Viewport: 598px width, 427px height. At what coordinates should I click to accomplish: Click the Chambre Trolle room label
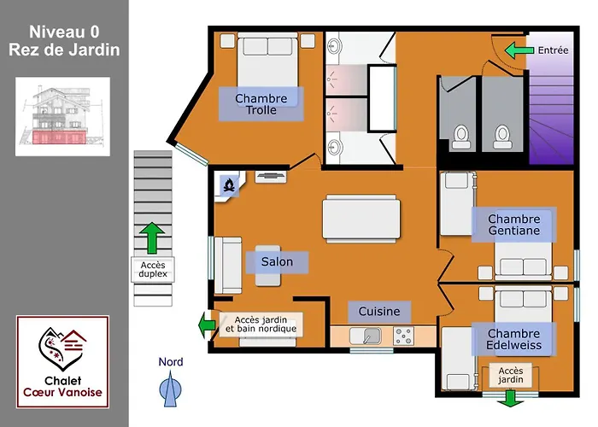tap(261, 104)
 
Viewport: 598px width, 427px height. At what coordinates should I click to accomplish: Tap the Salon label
tap(277, 262)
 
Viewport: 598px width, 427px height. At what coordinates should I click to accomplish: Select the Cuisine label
tap(379, 312)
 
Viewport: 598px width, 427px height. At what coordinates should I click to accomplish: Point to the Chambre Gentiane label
tap(514, 225)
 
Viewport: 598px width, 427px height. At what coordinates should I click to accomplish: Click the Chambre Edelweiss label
tap(514, 339)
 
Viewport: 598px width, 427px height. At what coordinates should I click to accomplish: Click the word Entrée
tap(553, 50)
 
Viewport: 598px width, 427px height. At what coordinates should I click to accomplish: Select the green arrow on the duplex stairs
tap(152, 238)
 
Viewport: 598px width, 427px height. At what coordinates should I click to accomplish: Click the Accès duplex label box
tap(153, 270)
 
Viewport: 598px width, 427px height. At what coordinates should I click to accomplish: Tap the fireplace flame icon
tap(229, 185)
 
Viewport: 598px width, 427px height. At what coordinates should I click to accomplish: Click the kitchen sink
tap(366, 336)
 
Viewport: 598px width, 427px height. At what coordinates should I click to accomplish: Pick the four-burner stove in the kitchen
tap(403, 336)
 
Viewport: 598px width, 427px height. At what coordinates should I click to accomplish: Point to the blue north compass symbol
tap(170, 389)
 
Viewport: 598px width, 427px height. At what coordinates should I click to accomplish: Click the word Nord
tap(171, 362)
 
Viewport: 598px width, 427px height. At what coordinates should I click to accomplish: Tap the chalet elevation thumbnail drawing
tap(62, 117)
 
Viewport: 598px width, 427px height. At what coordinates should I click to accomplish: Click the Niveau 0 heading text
tap(64, 32)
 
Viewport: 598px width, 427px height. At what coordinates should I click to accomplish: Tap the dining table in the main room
tap(361, 219)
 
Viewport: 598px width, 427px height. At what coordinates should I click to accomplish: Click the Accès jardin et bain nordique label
tap(261, 325)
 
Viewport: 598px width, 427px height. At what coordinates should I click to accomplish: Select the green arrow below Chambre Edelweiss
tap(510, 399)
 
